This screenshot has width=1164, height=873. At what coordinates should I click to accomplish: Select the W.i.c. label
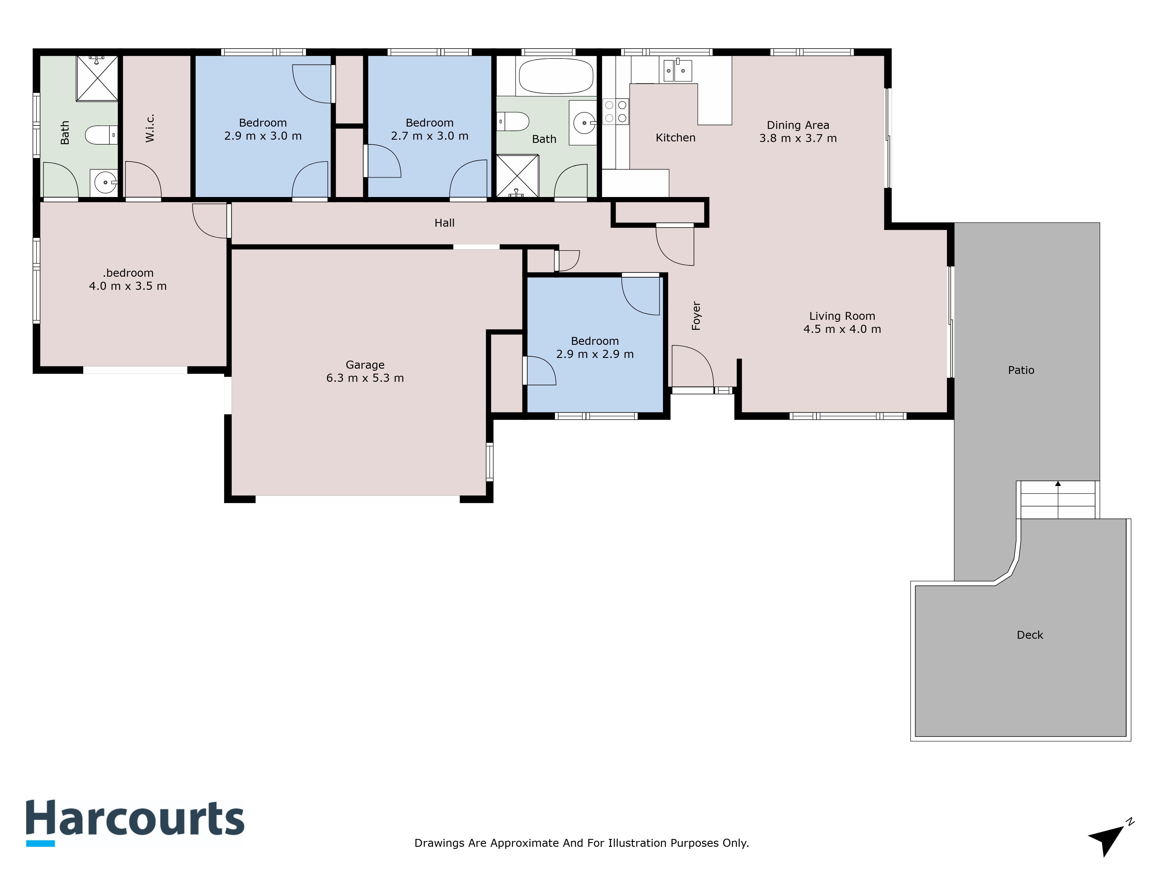click(150, 128)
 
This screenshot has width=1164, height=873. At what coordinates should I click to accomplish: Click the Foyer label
click(696, 316)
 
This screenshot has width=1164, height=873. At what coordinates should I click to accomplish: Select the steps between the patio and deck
click(1058, 500)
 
